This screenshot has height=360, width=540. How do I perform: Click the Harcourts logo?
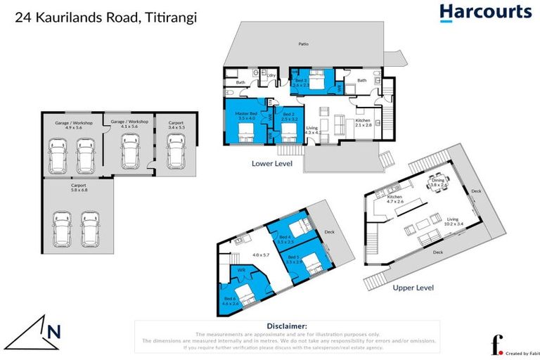click(485, 12)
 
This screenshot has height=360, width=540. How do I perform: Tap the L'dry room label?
click(271, 74)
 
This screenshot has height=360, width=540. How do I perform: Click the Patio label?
click(303, 44)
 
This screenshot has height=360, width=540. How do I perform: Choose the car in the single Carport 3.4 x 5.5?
click(176, 150)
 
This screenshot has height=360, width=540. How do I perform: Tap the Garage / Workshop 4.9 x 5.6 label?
click(69, 125)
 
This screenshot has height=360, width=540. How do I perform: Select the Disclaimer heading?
click(286, 326)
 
